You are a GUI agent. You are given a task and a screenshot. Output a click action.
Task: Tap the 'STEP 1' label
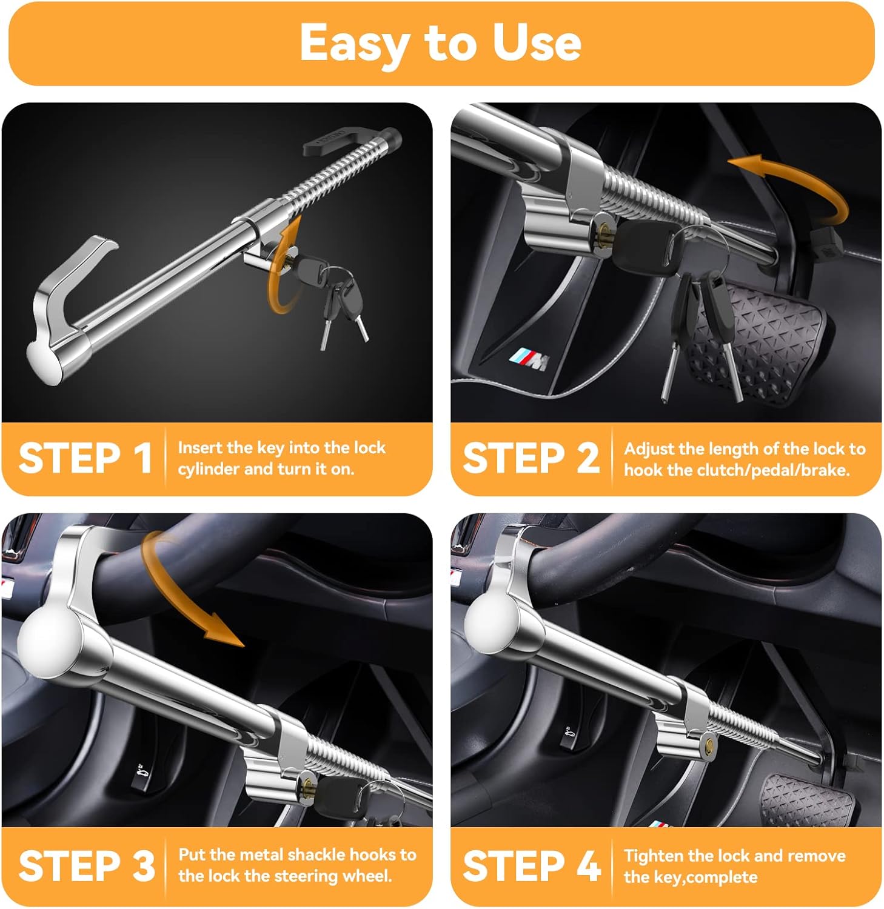(85, 458)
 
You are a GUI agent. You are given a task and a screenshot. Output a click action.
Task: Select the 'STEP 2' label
(531, 458)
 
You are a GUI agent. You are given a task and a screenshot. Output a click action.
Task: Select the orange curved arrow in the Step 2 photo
(800, 182)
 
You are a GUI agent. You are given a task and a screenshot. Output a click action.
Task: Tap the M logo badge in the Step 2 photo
(529, 360)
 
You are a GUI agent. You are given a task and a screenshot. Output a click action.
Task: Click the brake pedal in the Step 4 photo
(806, 800)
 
